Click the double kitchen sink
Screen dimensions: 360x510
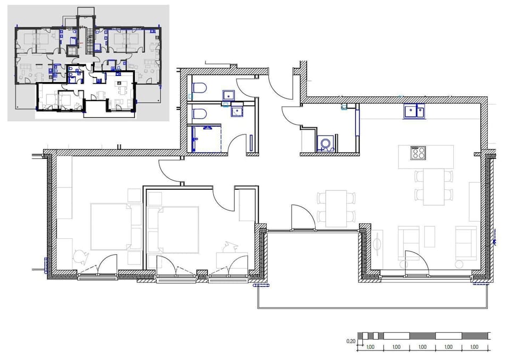click(x=414, y=112)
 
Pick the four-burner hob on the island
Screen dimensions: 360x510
click(x=418, y=154)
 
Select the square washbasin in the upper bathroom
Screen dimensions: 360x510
click(x=229, y=95)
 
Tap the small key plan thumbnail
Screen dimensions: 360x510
click(x=88, y=63)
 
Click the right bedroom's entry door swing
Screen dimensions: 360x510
click(x=223, y=197)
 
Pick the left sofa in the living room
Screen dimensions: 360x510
click(x=409, y=242)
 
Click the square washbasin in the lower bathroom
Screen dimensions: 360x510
click(x=237, y=110)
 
